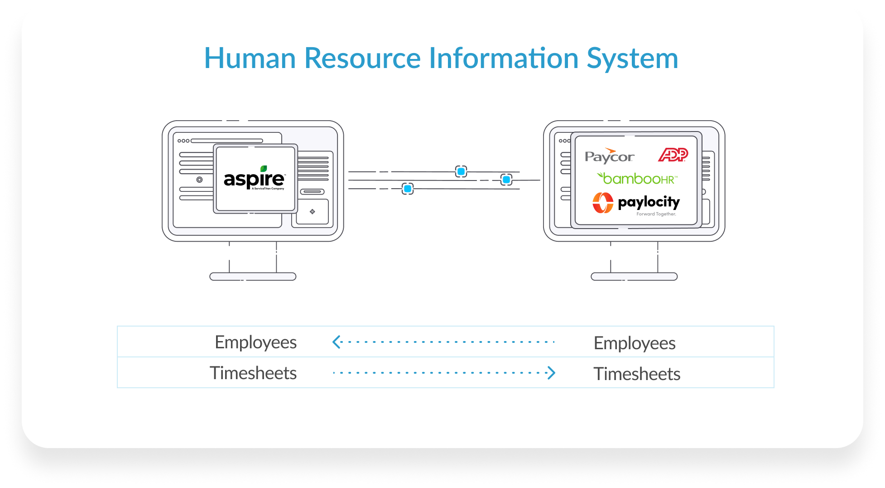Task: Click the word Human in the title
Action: click(x=250, y=59)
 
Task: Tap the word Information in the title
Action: click(x=503, y=59)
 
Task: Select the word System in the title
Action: click(x=632, y=59)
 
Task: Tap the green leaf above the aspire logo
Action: click(x=264, y=168)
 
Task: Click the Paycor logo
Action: click(x=609, y=156)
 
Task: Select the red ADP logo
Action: click(x=673, y=155)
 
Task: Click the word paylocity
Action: click(x=649, y=202)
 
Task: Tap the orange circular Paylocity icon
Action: click(x=603, y=203)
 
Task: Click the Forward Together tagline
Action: click(x=656, y=214)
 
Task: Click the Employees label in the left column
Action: click(x=255, y=342)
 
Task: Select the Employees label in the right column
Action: click(x=634, y=343)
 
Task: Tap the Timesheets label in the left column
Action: click(x=253, y=373)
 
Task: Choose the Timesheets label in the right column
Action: click(x=636, y=374)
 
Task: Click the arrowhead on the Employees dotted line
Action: click(x=337, y=342)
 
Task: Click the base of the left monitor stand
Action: click(x=253, y=277)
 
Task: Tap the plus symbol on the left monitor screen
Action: click(x=312, y=212)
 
